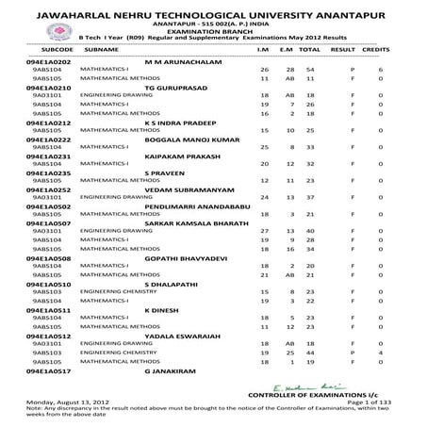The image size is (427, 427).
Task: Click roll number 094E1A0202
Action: [x=41, y=60]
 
